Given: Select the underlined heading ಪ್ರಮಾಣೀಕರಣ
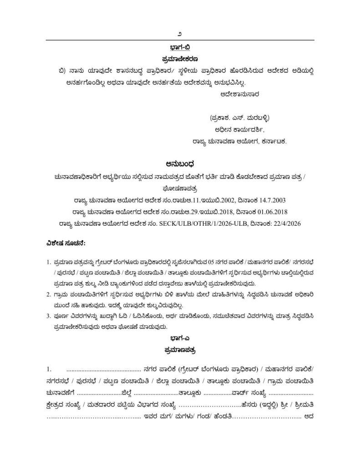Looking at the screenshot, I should pyautogui.click(x=180, y=59).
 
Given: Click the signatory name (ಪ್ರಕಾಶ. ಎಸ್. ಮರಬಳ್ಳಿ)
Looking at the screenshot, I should pyautogui.click(x=240, y=118).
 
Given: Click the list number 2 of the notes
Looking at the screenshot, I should pyautogui.click(x=48, y=295).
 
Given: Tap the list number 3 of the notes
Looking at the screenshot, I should pyautogui.click(x=48, y=317).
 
